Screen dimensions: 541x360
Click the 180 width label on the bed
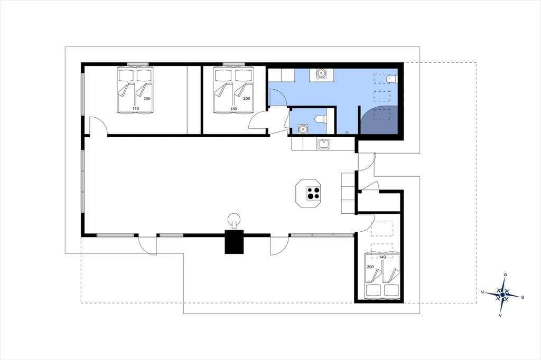[234, 109]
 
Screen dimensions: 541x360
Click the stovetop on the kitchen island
[313, 193]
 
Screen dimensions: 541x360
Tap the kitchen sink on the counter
[324, 144]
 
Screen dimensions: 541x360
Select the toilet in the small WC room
[320, 119]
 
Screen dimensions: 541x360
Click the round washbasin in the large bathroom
[321, 73]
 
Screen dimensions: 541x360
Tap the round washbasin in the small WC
[303, 129]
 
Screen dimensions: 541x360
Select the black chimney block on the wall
[234, 242]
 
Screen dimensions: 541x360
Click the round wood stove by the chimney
[235, 219]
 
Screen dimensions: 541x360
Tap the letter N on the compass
[482, 292]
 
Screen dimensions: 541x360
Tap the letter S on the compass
[523, 297]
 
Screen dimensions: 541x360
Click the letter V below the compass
[500, 315]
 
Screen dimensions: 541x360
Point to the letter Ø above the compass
[506, 274]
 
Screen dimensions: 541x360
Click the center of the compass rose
[502, 295]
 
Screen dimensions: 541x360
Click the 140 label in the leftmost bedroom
[135, 109]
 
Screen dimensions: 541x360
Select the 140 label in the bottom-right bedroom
[383, 257]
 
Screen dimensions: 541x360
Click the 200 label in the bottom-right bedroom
[370, 267]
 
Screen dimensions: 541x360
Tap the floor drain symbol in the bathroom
[347, 132]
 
